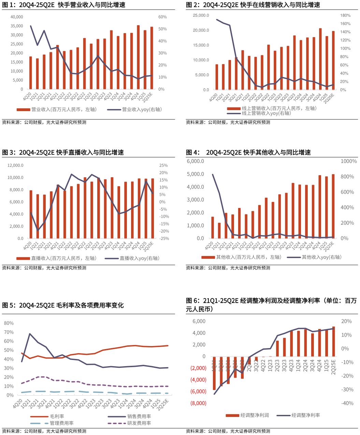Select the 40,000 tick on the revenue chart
click(x=17, y=17)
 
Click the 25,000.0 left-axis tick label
click(x=201, y=15)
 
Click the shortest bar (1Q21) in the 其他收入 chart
click(x=219, y=230)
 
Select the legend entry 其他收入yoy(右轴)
click(x=321, y=257)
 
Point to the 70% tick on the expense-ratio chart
click(x=9, y=332)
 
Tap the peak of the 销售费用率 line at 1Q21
click(x=30, y=334)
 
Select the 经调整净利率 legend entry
click(x=306, y=415)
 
